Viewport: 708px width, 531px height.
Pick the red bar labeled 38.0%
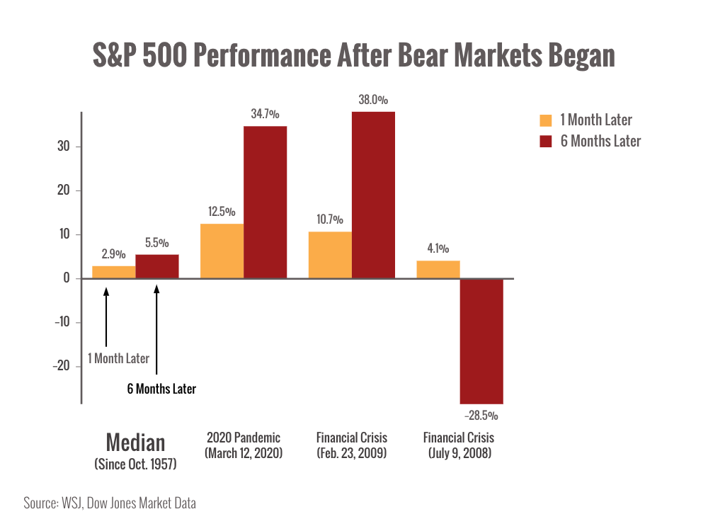[373, 194]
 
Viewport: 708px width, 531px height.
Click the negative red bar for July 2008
[481, 341]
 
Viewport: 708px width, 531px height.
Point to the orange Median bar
[113, 271]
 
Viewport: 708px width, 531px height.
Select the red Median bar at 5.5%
[157, 265]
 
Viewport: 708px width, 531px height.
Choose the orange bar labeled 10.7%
[330, 254]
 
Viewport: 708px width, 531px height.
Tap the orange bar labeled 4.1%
[438, 269]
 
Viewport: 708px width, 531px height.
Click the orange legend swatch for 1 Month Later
[545, 120]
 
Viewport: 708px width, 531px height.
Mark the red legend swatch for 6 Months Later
[545, 142]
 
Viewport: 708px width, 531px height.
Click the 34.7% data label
[265, 113]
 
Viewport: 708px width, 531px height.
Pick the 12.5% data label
[222, 212]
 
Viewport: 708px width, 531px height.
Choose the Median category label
[136, 444]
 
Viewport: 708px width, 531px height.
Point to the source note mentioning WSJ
[110, 503]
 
